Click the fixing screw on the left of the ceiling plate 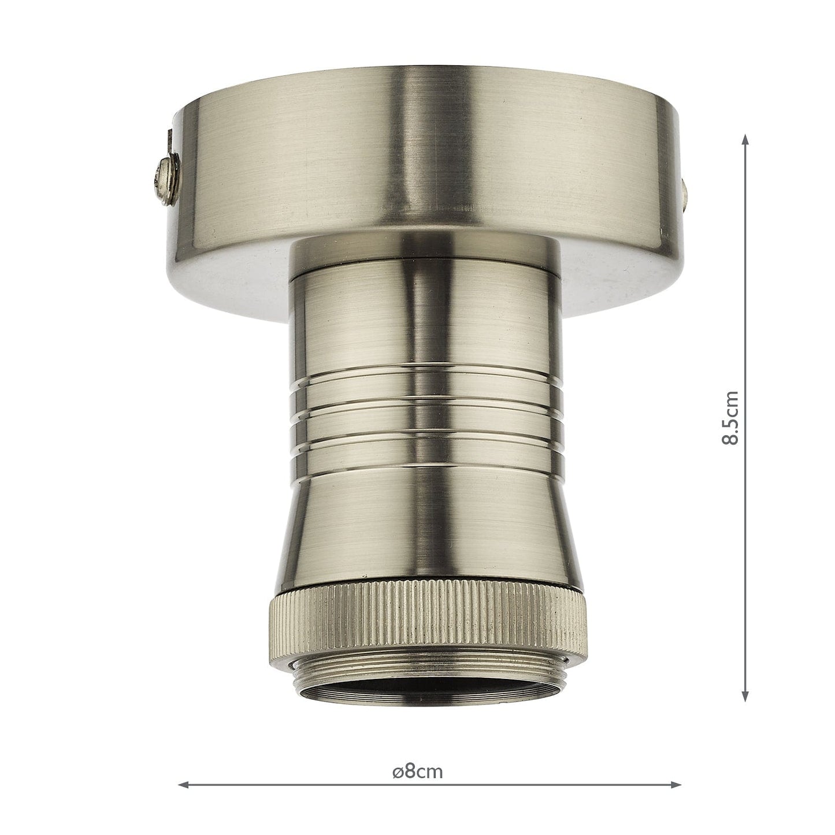coord(164,174)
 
